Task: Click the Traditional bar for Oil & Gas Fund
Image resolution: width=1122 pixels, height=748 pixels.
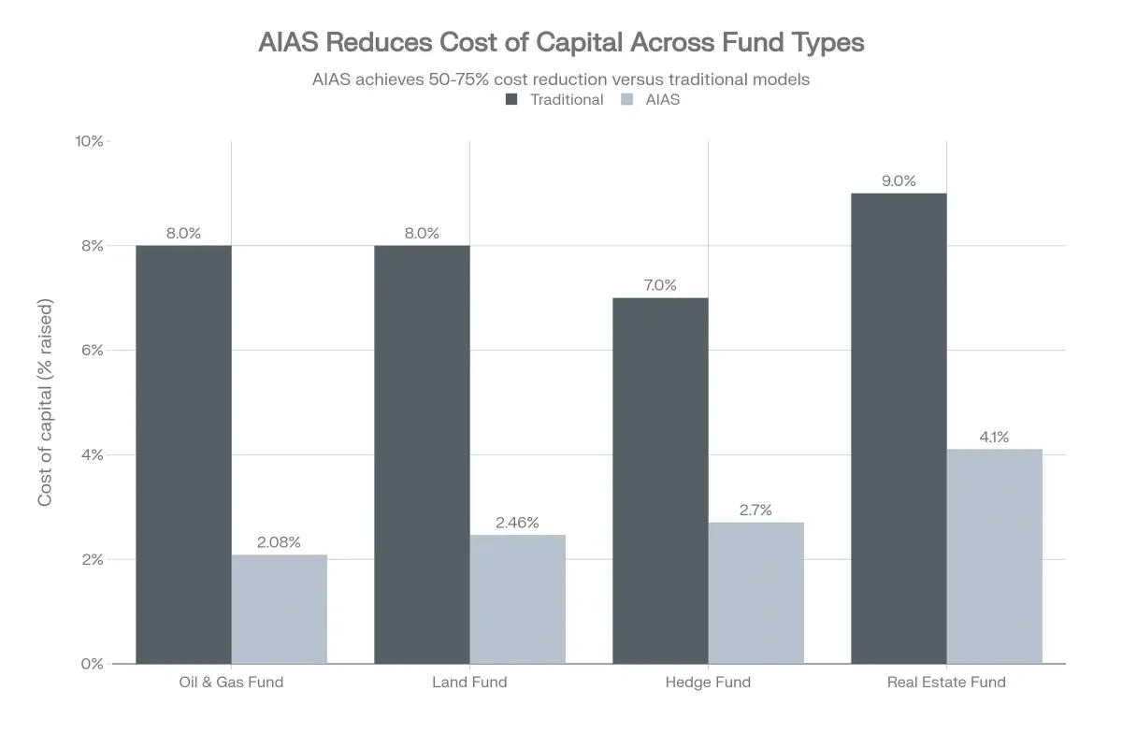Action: (183, 454)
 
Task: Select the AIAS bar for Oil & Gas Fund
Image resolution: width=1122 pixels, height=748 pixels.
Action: (280, 610)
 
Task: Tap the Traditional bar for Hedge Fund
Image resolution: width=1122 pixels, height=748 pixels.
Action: (660, 481)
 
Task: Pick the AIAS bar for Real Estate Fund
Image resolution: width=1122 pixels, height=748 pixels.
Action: (994, 556)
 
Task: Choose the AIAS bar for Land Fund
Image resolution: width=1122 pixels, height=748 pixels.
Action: (517, 599)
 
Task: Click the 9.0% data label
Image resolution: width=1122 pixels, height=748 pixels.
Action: (899, 181)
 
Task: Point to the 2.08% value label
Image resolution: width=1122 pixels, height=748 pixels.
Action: (279, 542)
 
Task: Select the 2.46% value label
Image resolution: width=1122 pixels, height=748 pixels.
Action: (517, 523)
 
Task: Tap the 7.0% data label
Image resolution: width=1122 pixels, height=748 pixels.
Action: (660, 285)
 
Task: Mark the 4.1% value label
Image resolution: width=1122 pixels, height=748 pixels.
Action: (994, 437)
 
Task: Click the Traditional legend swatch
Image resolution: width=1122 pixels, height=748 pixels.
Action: (511, 99)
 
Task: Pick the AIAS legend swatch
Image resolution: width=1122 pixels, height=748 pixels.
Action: (628, 99)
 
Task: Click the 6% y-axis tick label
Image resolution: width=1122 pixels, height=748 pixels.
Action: (93, 351)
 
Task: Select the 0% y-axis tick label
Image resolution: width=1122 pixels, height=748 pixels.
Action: (93, 664)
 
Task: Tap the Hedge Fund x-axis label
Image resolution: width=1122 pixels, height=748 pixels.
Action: (708, 683)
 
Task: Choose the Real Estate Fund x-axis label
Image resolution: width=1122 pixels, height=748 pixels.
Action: (946, 683)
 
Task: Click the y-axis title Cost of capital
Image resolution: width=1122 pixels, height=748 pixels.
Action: (45, 402)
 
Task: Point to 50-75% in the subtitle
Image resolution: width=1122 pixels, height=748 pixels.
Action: (454, 79)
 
